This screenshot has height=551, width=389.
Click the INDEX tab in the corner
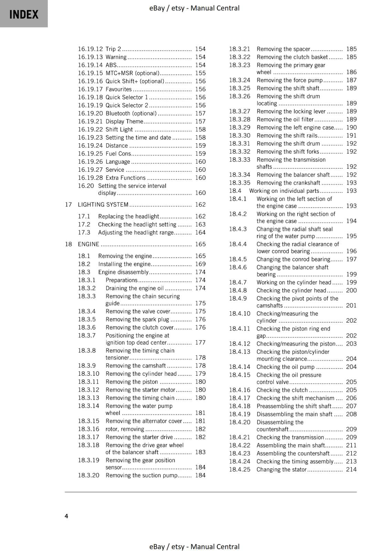[24, 14]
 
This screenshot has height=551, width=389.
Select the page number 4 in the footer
[66, 516]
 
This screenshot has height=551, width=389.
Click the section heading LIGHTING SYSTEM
[103, 205]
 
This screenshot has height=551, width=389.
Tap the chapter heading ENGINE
[88, 244]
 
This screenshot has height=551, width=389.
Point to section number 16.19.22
[90, 129]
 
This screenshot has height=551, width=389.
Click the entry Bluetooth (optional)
[131, 113]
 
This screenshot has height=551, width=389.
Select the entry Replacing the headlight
[128, 216]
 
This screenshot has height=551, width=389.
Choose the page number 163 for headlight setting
[200, 224]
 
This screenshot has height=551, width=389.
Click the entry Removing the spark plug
[137, 319]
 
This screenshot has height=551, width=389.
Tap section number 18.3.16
[88, 429]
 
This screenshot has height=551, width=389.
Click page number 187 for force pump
[351, 80]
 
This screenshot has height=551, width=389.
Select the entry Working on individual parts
[284, 191]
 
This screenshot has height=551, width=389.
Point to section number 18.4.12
[240, 344]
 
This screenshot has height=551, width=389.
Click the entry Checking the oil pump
[285, 367]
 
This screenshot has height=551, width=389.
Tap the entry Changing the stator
[281, 469]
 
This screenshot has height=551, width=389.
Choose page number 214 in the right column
[351, 469]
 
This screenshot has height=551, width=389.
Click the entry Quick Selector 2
[127, 105]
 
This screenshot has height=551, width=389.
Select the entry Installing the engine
[124, 264]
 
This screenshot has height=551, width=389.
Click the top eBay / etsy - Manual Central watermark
[194, 8]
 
